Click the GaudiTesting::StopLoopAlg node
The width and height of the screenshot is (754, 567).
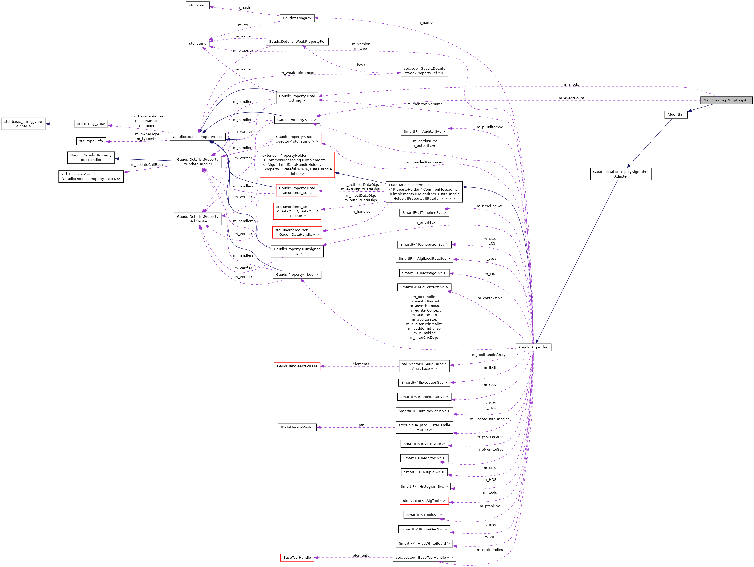point(726,100)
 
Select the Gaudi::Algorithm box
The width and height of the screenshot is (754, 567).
point(533,347)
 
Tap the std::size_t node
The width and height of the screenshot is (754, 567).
point(197,5)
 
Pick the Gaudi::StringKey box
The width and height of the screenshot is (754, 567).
point(297,18)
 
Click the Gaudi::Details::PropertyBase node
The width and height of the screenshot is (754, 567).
point(197,137)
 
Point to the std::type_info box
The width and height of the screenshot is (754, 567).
point(91,141)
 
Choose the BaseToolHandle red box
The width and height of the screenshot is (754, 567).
point(297,557)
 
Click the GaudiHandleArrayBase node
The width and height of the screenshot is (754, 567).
point(297,366)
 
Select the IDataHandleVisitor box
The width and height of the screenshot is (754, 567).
point(297,427)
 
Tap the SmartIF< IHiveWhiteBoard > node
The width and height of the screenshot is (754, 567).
point(424,544)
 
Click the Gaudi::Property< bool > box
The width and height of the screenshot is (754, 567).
point(297,275)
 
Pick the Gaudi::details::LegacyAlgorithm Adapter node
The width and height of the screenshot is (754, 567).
point(621,174)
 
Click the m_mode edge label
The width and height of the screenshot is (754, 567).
point(571,85)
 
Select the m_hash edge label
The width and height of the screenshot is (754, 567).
point(243,7)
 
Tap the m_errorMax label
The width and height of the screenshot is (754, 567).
point(425,222)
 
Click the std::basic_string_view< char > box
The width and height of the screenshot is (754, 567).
point(23,124)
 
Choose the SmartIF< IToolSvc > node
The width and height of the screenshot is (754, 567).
point(424,515)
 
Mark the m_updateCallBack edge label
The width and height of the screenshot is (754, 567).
point(147,165)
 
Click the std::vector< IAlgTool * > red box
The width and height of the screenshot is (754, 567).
point(424,501)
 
